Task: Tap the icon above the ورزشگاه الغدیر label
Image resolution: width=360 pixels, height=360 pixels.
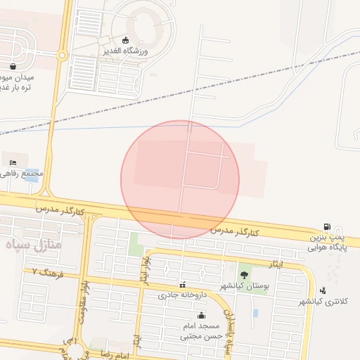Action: click(x=126, y=39)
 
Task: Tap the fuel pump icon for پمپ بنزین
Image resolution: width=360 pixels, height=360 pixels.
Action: click(x=328, y=226)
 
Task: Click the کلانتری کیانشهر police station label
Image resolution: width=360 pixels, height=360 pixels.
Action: click(x=324, y=301)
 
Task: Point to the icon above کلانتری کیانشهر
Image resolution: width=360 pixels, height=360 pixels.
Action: click(x=323, y=290)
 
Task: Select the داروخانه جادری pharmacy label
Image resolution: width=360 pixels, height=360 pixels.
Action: click(x=179, y=297)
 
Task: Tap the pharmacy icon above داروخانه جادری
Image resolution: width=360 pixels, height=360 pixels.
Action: click(x=183, y=285)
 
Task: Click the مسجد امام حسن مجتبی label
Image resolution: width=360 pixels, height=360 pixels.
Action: click(x=202, y=330)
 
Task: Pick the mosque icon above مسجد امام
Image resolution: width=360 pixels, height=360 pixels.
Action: click(x=202, y=315)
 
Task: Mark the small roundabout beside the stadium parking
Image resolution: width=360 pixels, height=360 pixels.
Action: click(x=62, y=54)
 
